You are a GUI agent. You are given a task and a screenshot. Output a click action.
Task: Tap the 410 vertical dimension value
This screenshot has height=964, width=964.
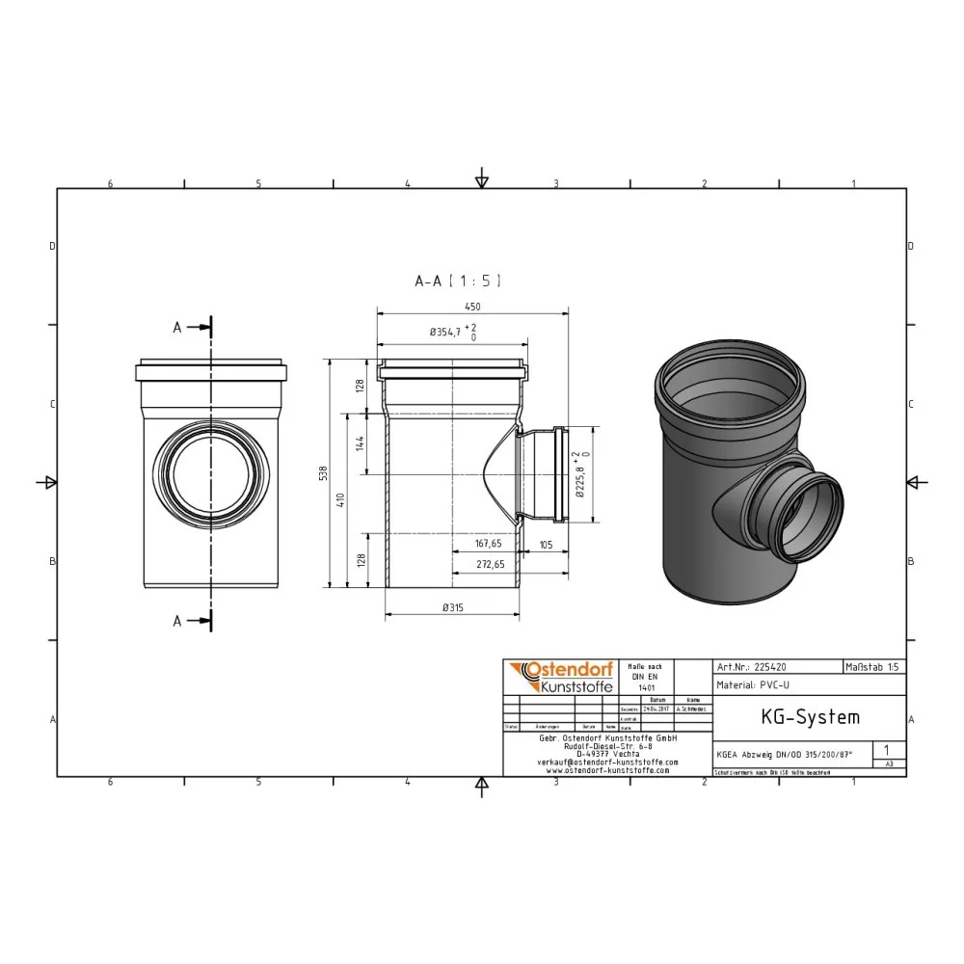pyautogui.click(x=339, y=500)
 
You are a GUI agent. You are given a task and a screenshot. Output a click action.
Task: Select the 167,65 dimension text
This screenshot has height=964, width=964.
pyautogui.click(x=487, y=543)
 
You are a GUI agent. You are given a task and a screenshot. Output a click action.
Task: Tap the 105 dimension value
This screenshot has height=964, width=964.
pyautogui.click(x=546, y=543)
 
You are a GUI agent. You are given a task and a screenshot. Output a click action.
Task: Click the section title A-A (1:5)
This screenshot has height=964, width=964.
pyautogui.click(x=457, y=281)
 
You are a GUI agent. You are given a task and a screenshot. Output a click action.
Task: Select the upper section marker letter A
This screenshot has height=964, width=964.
pyautogui.click(x=177, y=328)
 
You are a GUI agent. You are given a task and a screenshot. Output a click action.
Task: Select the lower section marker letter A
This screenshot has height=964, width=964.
pyautogui.click(x=177, y=622)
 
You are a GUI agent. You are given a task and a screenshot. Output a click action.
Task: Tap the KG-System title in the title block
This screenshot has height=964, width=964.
pyautogui.click(x=796, y=717)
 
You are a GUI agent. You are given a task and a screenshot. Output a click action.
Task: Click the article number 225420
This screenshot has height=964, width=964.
pyautogui.click(x=772, y=666)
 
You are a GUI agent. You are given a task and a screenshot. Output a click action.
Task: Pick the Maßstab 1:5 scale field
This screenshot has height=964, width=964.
pyautogui.click(x=873, y=666)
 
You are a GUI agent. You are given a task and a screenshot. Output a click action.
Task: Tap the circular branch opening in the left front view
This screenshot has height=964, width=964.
pyautogui.click(x=210, y=476)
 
